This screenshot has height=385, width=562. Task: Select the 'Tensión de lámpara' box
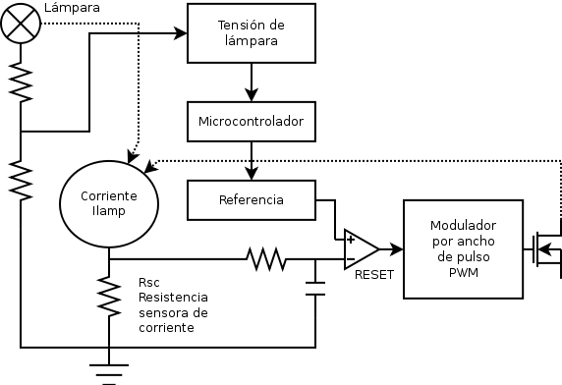[252, 34]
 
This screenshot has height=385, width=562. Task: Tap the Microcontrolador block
[252, 121]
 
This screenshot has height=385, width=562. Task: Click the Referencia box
[252, 199]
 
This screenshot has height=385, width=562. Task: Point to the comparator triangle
[360, 250]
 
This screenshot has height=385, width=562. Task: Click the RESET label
[374, 275]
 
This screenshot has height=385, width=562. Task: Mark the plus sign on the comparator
[351, 240]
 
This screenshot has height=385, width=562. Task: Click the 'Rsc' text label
[149, 282]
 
